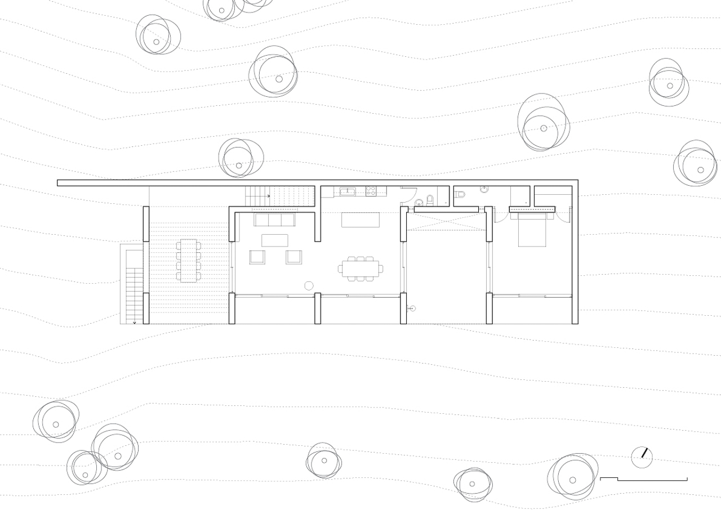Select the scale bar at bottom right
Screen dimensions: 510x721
643,479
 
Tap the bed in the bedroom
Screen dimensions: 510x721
532,230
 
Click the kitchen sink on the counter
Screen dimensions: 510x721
347,192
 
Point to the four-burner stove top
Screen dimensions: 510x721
371,191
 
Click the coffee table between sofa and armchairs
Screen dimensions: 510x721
275,240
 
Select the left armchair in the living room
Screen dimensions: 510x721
257,257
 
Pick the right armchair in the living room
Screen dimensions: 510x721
294,257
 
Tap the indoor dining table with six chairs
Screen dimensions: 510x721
360,269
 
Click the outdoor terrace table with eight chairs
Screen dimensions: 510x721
189,260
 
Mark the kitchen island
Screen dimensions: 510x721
360,219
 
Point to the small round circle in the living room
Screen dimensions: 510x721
309,285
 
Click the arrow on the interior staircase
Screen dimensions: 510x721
268,196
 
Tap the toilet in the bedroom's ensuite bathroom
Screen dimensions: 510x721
461,195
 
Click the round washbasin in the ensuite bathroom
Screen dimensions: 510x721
484,190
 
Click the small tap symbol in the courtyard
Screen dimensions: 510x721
411,308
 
